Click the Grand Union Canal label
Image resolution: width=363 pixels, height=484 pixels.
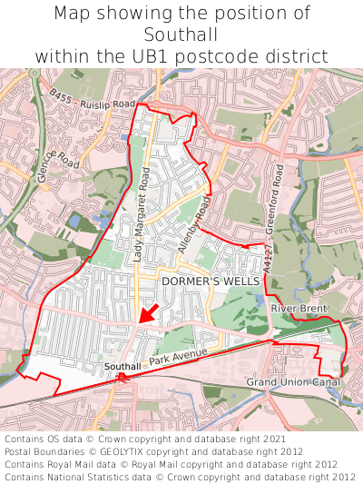click(294, 383)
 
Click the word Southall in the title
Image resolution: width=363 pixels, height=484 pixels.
click(181, 35)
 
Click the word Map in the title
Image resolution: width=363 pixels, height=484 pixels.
click(73, 14)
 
